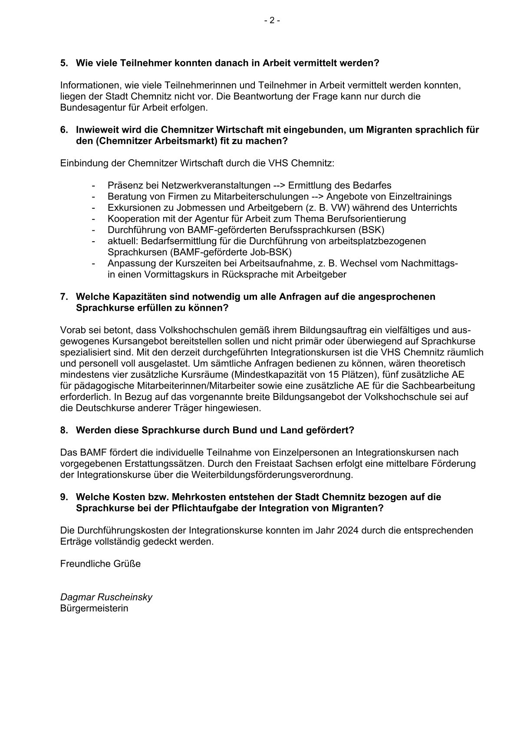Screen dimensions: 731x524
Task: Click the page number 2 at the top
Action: click(x=272, y=20)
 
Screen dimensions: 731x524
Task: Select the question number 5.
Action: click(x=64, y=63)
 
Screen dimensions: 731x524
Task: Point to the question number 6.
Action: click(x=64, y=130)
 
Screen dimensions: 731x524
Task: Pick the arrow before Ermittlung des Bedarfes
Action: click(x=279, y=185)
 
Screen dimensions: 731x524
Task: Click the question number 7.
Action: click(x=64, y=297)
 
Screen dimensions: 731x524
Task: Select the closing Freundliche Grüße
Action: click(x=100, y=564)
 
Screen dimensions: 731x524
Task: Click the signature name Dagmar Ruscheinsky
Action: click(x=106, y=597)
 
